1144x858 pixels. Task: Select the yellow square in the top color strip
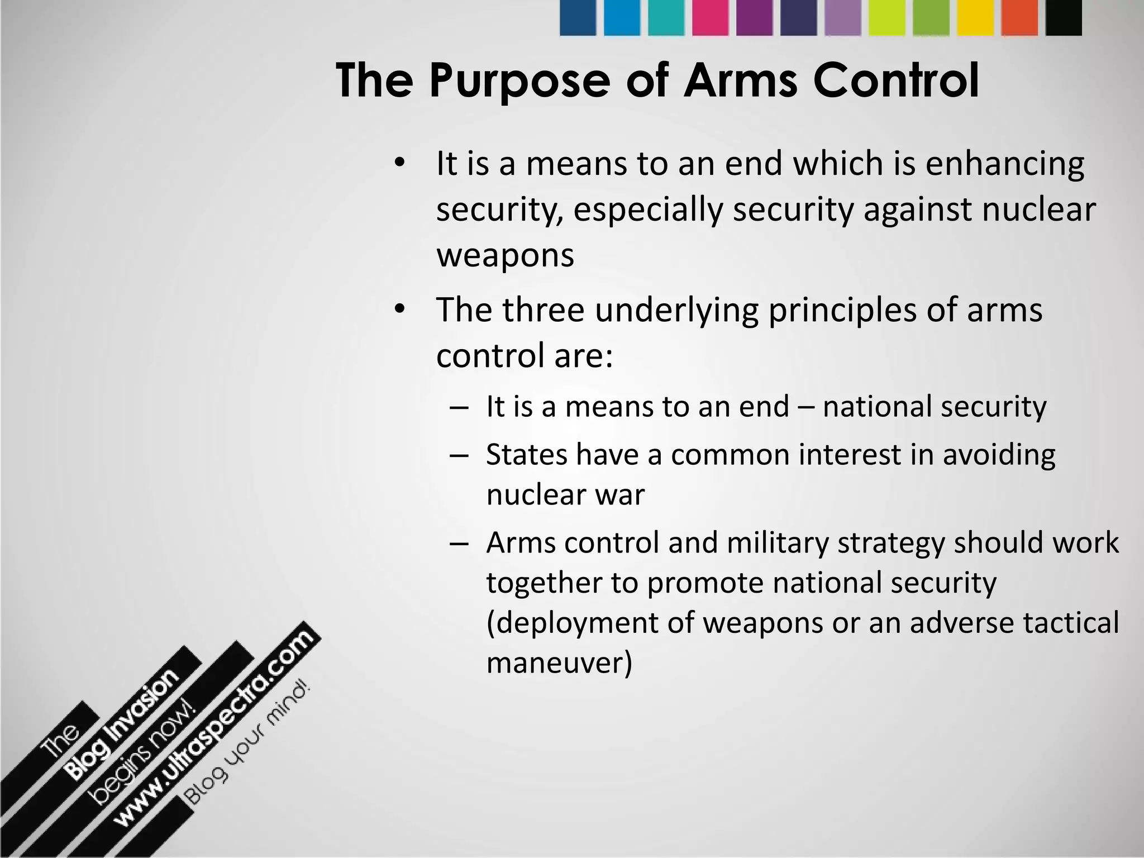tap(975, 18)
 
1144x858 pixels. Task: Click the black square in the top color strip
tap(1064, 18)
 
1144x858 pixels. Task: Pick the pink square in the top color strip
tap(710, 18)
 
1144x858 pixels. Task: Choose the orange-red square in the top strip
tap(1019, 18)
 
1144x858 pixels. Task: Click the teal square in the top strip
tap(666, 18)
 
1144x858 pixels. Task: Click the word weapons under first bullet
tap(505, 256)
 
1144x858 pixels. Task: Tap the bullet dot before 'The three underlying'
tap(398, 309)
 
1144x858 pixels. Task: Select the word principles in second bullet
tap(842, 310)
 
